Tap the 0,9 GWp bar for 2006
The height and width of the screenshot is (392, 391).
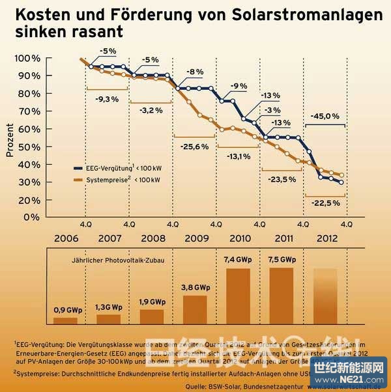(65, 320)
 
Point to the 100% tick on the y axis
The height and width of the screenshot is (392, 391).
(27, 59)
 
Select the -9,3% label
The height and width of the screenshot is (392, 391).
(107, 99)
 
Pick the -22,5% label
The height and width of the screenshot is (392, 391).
(324, 203)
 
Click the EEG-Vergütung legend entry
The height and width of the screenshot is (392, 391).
(124, 167)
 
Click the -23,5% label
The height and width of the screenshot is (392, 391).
(282, 178)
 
